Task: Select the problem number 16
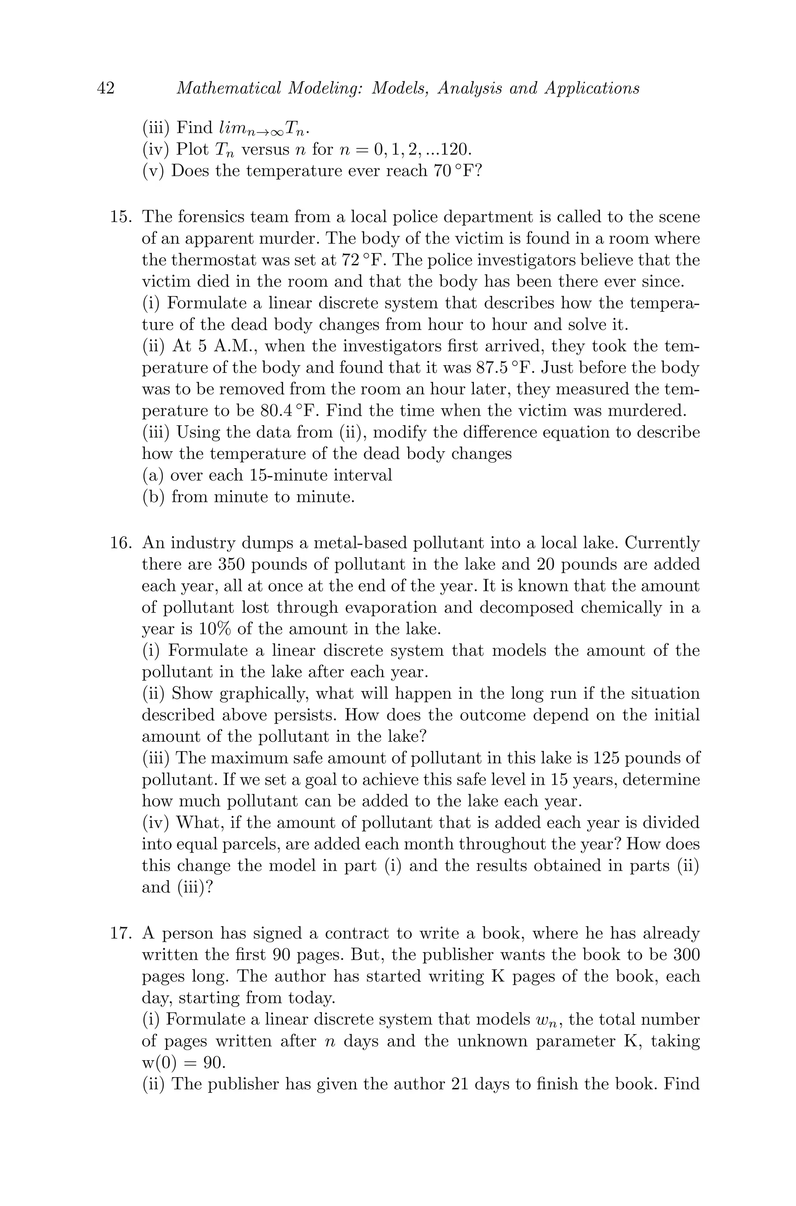coord(121,543)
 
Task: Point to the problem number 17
coord(121,933)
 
